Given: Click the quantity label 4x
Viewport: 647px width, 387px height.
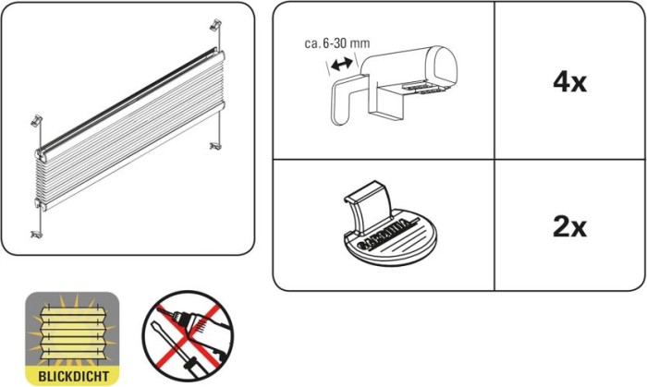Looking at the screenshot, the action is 569,82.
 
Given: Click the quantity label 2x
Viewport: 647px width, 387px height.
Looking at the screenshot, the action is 569,227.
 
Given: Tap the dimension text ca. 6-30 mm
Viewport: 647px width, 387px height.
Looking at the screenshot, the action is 337,43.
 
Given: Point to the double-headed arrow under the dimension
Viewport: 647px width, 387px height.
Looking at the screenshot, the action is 342,64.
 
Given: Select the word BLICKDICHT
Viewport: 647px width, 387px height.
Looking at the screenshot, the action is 73,376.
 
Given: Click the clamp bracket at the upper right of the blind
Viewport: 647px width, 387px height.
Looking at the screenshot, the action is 215,25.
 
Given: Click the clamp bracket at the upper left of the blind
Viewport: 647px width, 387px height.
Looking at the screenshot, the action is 37,121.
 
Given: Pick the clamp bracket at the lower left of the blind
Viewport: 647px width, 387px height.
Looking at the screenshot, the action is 36,235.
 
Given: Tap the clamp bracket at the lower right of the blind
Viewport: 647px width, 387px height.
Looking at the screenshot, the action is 215,146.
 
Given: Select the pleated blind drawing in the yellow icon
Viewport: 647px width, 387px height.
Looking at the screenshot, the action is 72,332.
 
